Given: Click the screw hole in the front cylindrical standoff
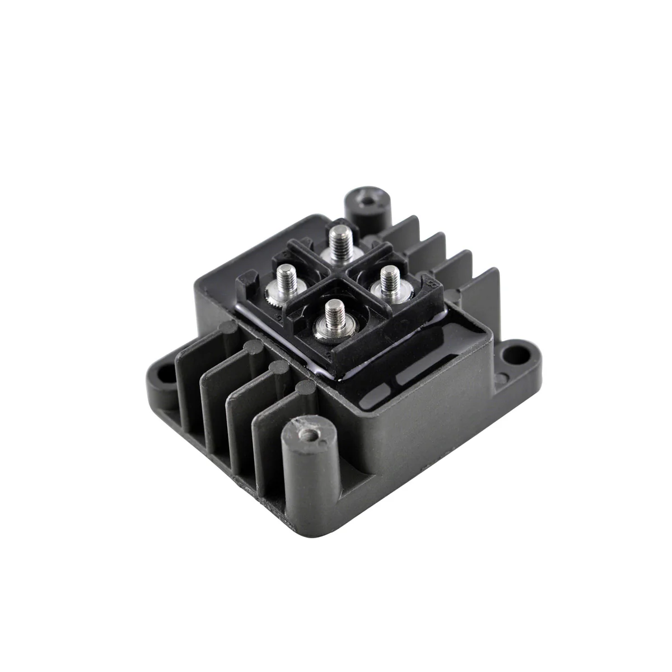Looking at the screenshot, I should pos(307,433).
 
